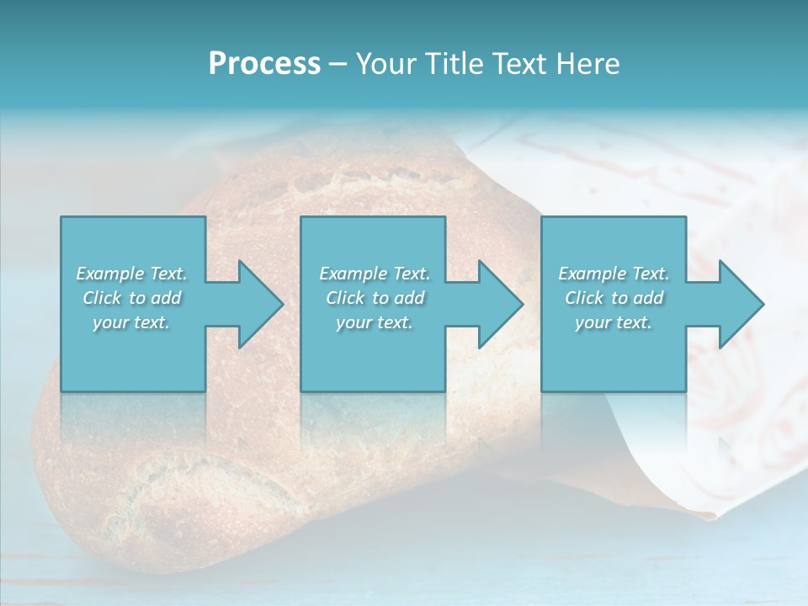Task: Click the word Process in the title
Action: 264,64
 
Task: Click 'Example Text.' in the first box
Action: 131,274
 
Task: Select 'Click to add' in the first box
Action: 131,298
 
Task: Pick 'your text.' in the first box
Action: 131,322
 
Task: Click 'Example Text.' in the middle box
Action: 375,274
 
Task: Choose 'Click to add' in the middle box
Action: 375,298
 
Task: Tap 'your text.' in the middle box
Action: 375,322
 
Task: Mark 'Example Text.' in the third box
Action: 614,274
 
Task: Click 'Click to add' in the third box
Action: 614,298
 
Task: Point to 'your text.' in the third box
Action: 614,322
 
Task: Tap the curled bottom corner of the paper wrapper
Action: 703,508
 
